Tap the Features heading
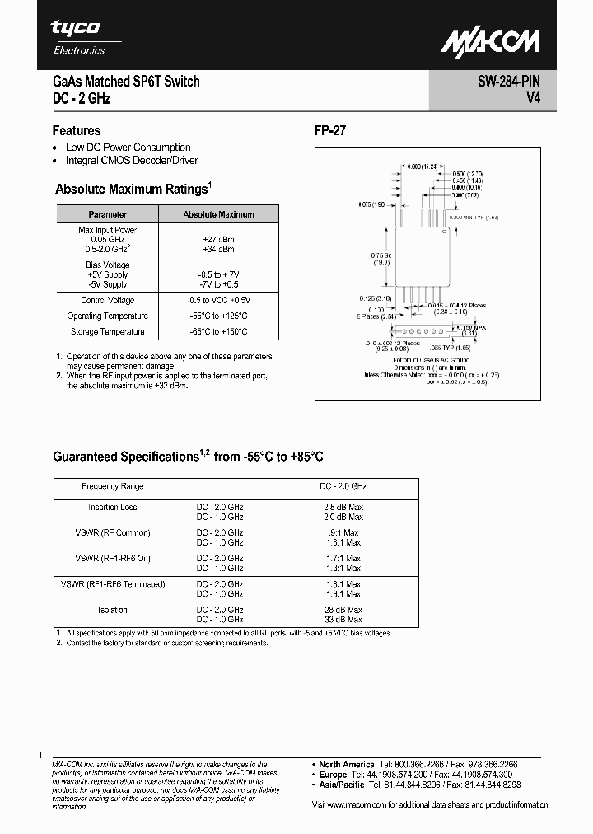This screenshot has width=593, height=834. point(77,130)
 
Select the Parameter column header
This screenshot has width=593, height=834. point(108,214)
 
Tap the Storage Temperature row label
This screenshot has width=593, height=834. point(108,332)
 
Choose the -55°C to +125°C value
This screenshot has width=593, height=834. point(217,316)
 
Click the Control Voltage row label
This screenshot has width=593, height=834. point(108,301)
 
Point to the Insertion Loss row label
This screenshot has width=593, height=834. point(113,507)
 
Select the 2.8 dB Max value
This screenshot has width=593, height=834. point(342,507)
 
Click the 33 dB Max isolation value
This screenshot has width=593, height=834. point(342,619)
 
